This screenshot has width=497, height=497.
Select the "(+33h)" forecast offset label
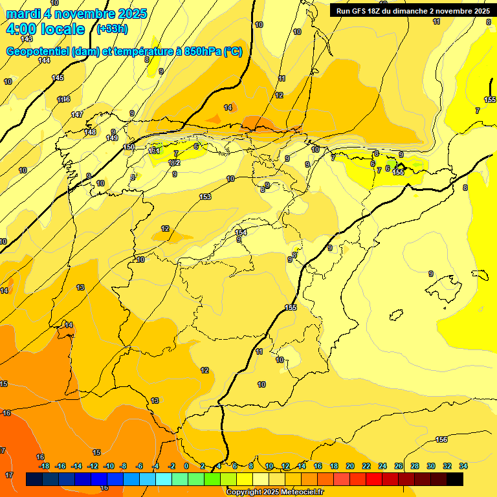111,28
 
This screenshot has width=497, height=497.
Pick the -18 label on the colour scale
44,466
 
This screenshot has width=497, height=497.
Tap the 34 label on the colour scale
463,466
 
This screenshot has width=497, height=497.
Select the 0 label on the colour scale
186,466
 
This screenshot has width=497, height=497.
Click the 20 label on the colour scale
350,466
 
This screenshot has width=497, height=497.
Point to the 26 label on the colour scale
399,466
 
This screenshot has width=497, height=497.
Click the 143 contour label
27,39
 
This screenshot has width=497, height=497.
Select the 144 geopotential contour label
44,60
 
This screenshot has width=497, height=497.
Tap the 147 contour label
77,115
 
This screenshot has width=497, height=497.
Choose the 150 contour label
129,148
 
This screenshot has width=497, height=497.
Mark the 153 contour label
205,197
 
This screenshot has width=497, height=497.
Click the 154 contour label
241,232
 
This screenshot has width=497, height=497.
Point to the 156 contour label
441,440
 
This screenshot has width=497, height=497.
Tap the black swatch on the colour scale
455,480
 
